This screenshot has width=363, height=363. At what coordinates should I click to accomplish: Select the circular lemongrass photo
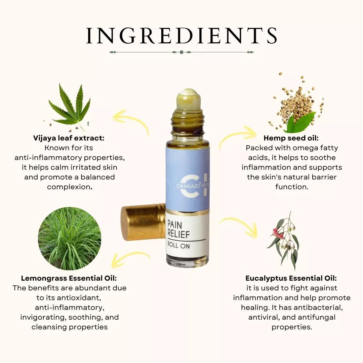click(70, 238)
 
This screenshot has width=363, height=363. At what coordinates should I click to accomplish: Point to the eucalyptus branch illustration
click(284, 241)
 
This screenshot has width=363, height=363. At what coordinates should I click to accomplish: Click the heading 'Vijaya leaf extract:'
click(69, 138)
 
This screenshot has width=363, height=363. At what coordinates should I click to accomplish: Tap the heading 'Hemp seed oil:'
click(291, 138)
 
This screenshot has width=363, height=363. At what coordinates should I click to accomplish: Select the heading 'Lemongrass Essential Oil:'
click(69, 278)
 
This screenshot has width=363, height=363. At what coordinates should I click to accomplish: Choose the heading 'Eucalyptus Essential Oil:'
click(291, 278)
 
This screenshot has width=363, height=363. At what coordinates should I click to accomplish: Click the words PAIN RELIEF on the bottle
click(178, 229)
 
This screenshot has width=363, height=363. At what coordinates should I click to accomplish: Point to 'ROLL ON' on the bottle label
click(178, 245)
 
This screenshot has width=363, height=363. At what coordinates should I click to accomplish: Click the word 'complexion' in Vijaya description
click(69, 187)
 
